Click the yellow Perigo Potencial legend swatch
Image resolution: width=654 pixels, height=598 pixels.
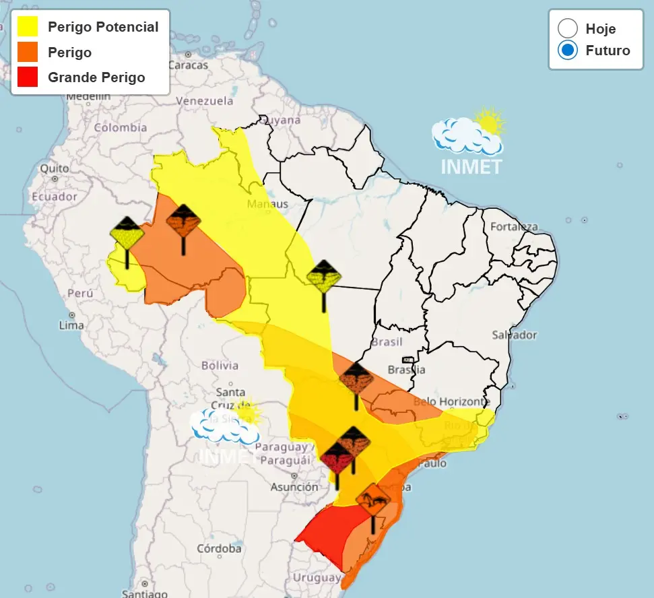[28, 27]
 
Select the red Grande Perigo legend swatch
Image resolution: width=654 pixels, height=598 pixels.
[28, 77]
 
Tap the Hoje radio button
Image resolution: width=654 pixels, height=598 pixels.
[568, 28]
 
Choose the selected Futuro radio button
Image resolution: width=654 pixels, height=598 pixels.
[568, 50]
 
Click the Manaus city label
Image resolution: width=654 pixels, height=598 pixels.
[267, 204]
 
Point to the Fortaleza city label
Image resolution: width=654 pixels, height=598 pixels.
[514, 226]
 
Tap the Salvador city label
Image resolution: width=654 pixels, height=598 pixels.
[514, 335]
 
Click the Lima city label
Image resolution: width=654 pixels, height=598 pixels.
[71, 325]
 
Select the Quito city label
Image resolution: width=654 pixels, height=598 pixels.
[54, 168]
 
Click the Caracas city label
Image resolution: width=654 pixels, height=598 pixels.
[188, 65]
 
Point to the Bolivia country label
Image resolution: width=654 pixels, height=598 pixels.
[220, 366]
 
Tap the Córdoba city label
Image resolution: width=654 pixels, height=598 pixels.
[219, 548]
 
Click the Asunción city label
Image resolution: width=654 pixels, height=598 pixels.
[294, 487]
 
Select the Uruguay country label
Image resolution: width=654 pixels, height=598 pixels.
[317, 578]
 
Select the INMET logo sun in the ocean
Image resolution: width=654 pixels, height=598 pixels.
[490, 122]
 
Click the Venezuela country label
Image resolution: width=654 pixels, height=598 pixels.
[204, 101]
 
